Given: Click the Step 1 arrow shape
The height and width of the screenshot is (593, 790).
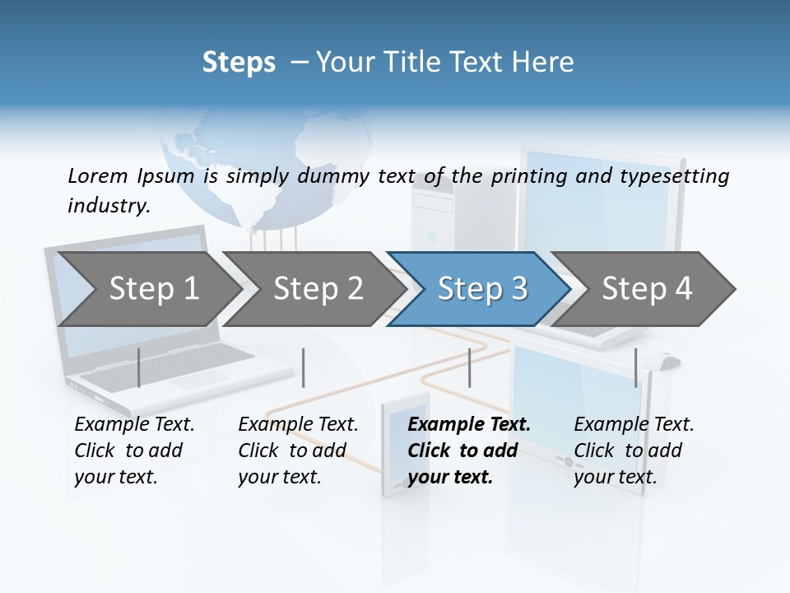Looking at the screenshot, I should click(x=152, y=288).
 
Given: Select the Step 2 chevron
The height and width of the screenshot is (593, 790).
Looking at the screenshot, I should click(x=318, y=288).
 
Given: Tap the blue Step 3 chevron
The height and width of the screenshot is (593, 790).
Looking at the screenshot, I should click(x=482, y=288).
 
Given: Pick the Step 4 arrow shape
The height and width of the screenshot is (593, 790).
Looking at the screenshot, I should click(x=647, y=288).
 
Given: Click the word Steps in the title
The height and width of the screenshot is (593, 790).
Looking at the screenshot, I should click(x=239, y=63).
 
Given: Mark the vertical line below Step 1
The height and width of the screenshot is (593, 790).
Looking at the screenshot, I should click(x=139, y=367).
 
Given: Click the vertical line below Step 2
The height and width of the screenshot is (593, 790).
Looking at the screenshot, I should click(x=304, y=367).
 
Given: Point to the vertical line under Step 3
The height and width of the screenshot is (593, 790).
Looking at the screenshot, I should click(x=469, y=367).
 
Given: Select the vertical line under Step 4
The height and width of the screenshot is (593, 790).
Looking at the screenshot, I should click(x=635, y=367).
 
